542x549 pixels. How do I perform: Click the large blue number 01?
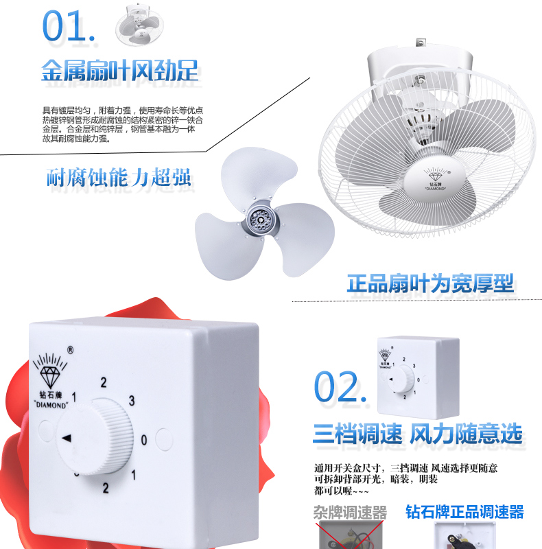click(69, 25)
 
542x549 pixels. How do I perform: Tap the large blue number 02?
click(340, 387)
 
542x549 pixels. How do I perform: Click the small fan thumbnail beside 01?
click(139, 25)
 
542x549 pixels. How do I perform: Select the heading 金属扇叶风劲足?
click(120, 71)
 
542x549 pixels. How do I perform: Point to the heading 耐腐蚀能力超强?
click(119, 177)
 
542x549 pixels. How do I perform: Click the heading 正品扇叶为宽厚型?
click(430, 283)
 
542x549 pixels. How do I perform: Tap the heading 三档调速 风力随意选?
click(418, 434)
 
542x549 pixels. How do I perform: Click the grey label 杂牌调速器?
click(350, 513)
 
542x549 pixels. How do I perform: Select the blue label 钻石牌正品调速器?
click(464, 512)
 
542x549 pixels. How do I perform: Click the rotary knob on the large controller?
click(95, 436)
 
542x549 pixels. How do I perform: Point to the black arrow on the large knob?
click(67, 438)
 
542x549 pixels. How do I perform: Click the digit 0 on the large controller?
click(144, 440)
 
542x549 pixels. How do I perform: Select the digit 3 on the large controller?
click(132, 401)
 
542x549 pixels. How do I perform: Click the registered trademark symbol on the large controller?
click(71, 350)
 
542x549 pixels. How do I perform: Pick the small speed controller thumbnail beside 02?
click(419, 377)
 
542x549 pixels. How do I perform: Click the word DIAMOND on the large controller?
click(51, 405)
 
